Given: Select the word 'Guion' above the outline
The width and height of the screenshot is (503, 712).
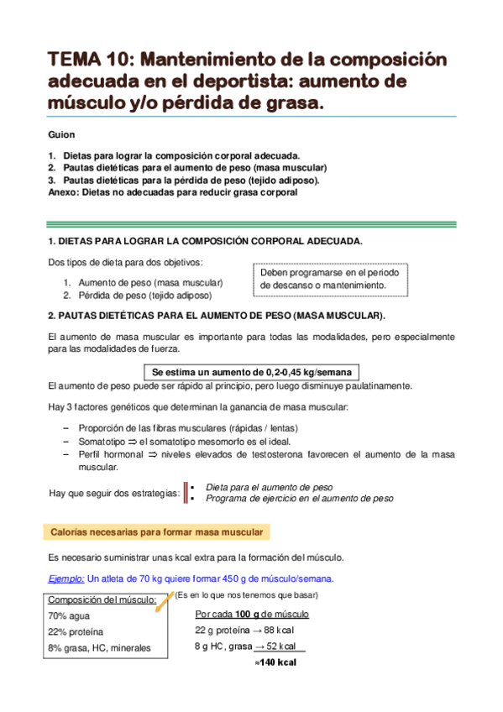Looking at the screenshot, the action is tap(61, 134).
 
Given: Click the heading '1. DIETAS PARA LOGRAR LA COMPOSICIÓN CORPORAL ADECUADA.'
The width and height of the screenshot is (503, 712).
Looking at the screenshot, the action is tap(206, 241).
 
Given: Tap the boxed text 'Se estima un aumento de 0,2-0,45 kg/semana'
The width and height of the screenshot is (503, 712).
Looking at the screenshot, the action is tap(251, 372).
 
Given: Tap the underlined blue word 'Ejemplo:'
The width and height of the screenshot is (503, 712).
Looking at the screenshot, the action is tap(66, 578).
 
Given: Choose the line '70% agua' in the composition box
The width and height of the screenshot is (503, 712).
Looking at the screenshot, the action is tap(68, 615).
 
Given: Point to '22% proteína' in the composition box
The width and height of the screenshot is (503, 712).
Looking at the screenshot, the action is tap(76, 631).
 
